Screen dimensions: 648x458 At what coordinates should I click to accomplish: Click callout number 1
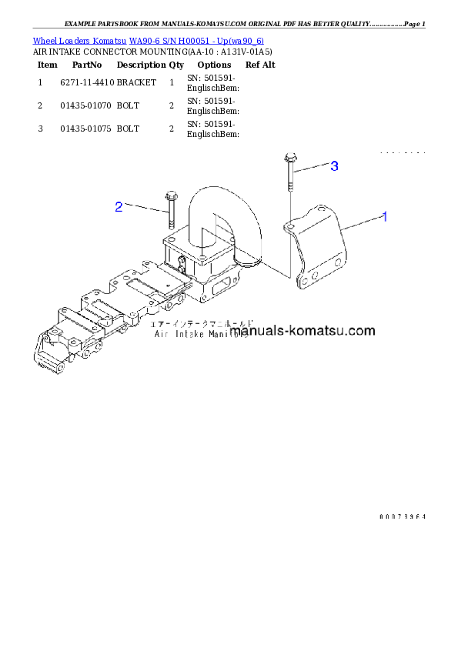(385, 217)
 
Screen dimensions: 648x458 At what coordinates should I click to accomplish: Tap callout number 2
(119, 206)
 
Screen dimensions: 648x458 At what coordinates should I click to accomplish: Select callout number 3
(334, 166)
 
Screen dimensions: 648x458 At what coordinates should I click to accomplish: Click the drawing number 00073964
(402, 516)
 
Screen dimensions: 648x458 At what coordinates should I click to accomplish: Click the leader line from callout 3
(312, 169)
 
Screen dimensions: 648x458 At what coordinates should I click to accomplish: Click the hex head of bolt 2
(170, 195)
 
